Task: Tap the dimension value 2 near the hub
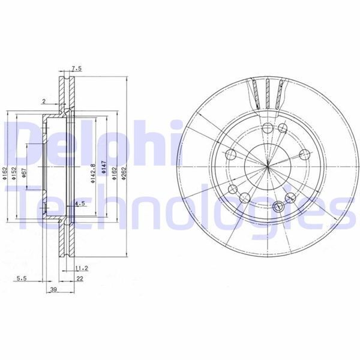click(x=44, y=101)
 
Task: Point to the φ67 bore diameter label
click(x=23, y=173)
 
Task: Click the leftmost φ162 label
click(x=5, y=173)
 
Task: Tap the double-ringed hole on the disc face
click(x=277, y=206)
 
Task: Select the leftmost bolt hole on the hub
click(x=230, y=153)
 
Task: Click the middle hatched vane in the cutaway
click(x=265, y=94)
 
